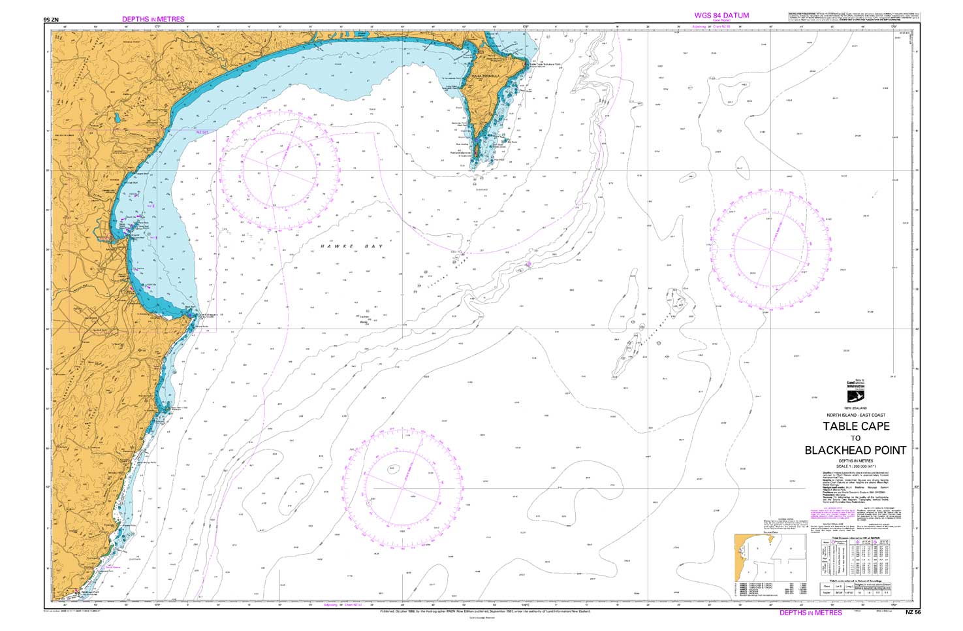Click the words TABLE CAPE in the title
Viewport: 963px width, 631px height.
855,427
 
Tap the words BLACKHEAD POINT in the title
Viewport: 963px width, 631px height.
855,450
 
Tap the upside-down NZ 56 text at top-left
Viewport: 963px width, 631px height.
51,20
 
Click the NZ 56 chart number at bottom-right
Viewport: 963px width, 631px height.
912,613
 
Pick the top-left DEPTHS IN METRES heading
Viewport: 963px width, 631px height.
153,20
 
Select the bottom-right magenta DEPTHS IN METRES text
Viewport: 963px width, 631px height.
810,613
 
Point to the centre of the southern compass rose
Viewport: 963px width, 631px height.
403,487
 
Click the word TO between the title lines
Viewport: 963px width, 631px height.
855,438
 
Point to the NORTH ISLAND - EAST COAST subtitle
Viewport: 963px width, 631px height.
855,415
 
